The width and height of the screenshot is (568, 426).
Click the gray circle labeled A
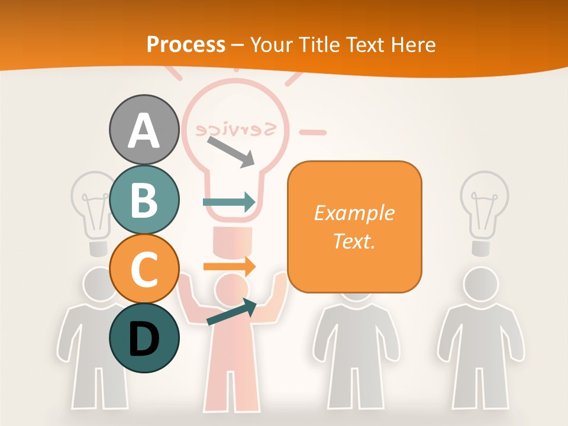144,130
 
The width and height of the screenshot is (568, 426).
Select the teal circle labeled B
144,199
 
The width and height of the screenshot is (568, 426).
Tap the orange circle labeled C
144,269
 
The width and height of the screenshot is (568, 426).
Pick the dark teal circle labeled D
144,338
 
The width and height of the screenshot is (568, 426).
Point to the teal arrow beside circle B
230,202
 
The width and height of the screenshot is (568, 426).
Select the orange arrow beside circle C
230,266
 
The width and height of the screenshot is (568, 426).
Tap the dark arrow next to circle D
231,312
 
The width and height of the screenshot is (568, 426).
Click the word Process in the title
186,44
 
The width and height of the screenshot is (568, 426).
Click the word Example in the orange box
354,213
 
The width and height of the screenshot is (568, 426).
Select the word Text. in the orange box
354,241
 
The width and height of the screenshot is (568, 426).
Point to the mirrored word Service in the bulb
237,128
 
